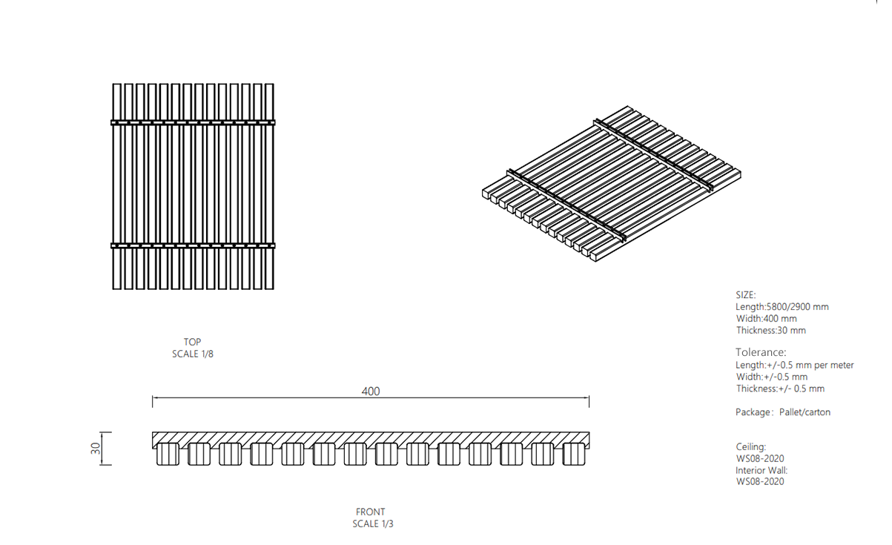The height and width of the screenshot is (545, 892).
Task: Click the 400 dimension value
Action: pyautogui.click(x=370, y=392)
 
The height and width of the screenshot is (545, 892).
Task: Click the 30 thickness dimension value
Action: pyautogui.click(x=96, y=449)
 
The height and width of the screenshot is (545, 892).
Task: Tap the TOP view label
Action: pyautogui.click(x=192, y=342)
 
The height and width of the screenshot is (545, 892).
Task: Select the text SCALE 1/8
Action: pyautogui.click(x=193, y=354)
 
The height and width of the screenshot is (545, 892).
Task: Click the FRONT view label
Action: pyautogui.click(x=370, y=512)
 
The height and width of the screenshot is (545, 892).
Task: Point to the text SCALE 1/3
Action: pyautogui.click(x=373, y=523)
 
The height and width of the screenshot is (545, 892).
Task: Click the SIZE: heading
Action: pyautogui.click(x=745, y=295)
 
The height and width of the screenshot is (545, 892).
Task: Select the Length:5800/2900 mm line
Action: pyautogui.click(x=782, y=307)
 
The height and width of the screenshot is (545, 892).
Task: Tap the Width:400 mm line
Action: pyautogui.click(x=766, y=319)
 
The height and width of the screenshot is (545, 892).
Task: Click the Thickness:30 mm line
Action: pyautogui.click(x=770, y=331)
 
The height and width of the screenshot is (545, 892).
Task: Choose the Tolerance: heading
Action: pyautogui.click(x=761, y=352)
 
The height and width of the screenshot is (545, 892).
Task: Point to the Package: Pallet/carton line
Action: pyautogui.click(x=783, y=412)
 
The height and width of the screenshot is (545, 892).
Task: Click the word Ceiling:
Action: pyautogui.click(x=750, y=446)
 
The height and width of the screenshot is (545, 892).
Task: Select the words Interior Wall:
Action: pyautogui.click(x=761, y=470)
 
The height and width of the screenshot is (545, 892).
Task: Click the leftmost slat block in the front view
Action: pyautogui.click(x=168, y=455)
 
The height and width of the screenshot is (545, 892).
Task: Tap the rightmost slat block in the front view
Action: pyautogui.click(x=574, y=455)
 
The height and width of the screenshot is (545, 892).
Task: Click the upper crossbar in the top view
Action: pyautogui.click(x=193, y=122)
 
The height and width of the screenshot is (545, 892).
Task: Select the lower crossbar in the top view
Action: pyautogui.click(x=193, y=245)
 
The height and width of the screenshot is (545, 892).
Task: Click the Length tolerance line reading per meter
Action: pyautogui.click(x=794, y=365)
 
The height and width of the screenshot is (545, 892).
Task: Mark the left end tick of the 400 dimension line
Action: pyautogui.click(x=153, y=402)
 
